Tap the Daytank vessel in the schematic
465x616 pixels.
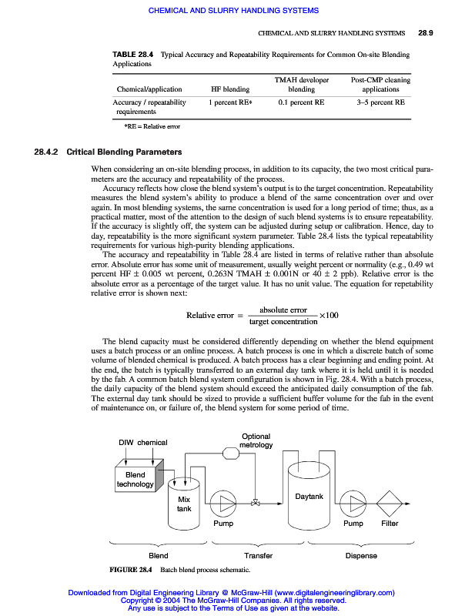click(x=309, y=497)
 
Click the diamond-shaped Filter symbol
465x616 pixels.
click(x=390, y=504)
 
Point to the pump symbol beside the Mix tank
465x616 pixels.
click(x=224, y=504)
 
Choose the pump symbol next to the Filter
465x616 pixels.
click(x=353, y=504)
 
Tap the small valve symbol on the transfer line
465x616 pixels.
click(x=256, y=504)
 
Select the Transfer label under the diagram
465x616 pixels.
click(x=259, y=555)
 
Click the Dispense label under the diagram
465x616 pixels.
click(x=361, y=555)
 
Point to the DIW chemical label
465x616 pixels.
click(x=142, y=443)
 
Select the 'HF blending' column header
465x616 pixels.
click(x=230, y=89)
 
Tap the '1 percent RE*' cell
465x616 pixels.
click(x=230, y=102)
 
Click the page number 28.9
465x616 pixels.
click(x=427, y=34)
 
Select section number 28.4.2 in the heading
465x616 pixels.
click(x=48, y=152)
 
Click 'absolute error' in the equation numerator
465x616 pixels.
click(x=283, y=310)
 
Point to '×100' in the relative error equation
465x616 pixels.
click(x=330, y=316)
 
